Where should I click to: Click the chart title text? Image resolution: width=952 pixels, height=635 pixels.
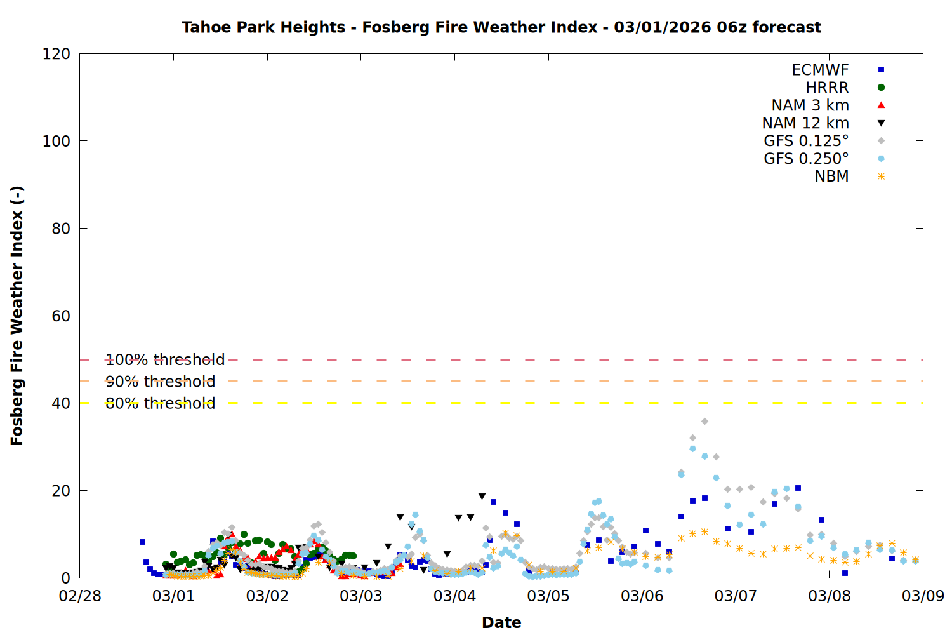click(x=501, y=27)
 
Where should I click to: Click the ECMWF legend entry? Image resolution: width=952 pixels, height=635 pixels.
click(x=820, y=70)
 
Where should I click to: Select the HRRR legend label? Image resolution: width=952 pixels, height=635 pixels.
click(x=827, y=88)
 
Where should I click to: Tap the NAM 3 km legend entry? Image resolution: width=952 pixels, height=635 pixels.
click(x=810, y=105)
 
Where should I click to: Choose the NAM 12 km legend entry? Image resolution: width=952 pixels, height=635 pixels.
click(x=805, y=123)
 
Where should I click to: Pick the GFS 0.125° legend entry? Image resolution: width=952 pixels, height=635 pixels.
click(x=806, y=141)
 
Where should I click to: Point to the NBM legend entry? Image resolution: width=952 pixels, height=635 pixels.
click(x=831, y=177)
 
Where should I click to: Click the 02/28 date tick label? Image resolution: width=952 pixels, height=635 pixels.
click(x=80, y=596)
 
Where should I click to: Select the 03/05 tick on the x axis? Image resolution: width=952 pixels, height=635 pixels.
click(x=548, y=596)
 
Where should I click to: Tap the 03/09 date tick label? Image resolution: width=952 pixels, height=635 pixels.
click(x=923, y=596)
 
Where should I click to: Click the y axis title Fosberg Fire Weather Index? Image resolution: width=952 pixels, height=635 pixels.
click(x=17, y=316)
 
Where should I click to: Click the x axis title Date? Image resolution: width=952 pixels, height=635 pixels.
click(x=501, y=622)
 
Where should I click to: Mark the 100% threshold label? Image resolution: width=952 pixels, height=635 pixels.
click(x=165, y=360)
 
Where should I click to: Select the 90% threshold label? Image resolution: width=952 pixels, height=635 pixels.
click(x=160, y=382)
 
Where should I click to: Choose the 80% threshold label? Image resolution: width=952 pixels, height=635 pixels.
click(x=160, y=403)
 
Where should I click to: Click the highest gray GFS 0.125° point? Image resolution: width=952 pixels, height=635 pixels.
click(x=704, y=422)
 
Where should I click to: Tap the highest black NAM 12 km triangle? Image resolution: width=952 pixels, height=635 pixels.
click(x=482, y=497)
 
